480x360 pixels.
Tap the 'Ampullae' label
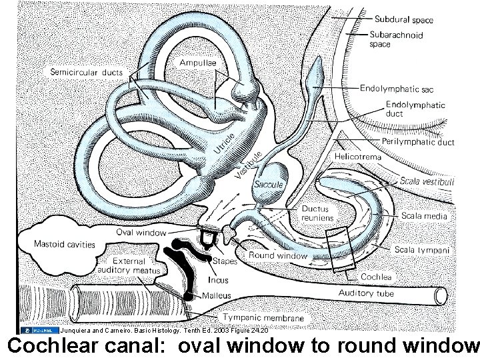198,63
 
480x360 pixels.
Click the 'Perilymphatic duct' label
418,142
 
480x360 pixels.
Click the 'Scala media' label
425,216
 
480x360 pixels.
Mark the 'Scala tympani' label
422,250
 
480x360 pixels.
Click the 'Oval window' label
141,233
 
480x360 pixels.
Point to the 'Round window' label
277,255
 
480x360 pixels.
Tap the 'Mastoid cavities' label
65,244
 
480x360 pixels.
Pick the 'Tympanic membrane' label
264,318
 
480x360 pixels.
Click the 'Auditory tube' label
366,293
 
